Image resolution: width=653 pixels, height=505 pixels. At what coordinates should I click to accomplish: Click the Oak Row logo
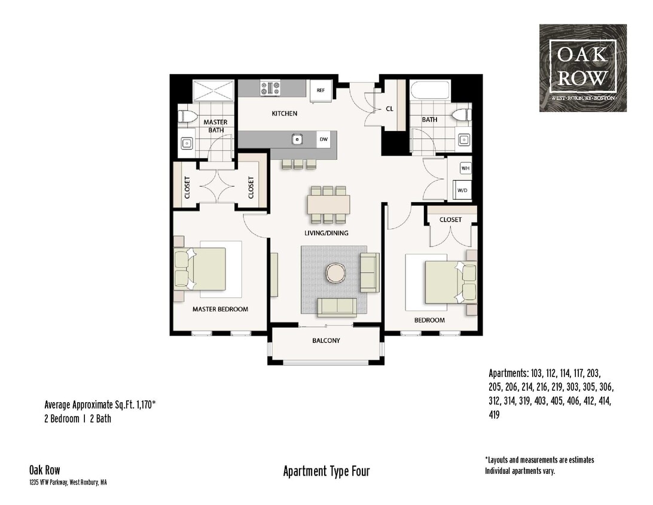[x=583, y=68]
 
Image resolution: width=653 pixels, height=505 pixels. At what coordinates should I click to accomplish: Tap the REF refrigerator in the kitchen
[x=321, y=91]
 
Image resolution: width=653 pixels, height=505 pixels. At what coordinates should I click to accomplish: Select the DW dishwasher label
[x=324, y=139]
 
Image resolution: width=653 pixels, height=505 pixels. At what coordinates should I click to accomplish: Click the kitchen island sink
[x=296, y=139]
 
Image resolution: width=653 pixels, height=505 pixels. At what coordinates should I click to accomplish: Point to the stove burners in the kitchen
[x=270, y=89]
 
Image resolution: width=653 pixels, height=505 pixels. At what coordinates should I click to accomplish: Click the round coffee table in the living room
[x=335, y=273]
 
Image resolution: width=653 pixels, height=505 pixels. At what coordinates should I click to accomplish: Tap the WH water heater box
[x=465, y=169]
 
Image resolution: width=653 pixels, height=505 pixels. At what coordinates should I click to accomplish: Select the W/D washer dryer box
[x=463, y=190]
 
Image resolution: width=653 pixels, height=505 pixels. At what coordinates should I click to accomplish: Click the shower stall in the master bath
[x=214, y=90]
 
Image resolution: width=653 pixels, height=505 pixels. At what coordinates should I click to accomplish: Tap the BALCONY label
[x=326, y=340]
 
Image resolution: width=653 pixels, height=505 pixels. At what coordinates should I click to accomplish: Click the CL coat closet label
[x=389, y=109]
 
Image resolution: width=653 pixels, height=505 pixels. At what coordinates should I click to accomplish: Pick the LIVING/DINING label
[x=326, y=233]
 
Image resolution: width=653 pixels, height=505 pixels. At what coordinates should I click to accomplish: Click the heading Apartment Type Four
[x=326, y=471]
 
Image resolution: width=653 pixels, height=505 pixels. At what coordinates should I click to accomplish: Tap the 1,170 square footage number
[x=142, y=404]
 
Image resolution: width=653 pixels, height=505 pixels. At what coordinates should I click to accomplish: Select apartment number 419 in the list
[x=495, y=414]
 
